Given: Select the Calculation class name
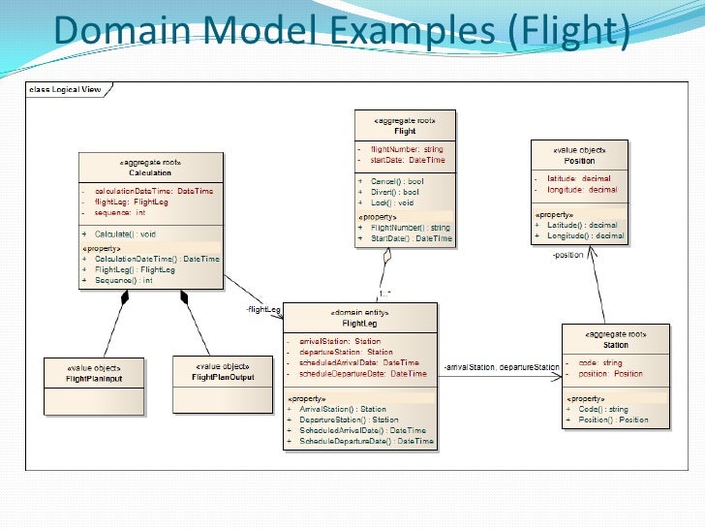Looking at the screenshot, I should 150,172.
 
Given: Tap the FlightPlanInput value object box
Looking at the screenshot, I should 94,373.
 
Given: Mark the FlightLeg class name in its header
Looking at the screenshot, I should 359,323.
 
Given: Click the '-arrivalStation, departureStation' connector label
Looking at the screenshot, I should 502,368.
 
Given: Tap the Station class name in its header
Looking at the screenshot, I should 615,344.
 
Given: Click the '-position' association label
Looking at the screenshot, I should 567,255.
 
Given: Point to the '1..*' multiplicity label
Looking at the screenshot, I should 384,293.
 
